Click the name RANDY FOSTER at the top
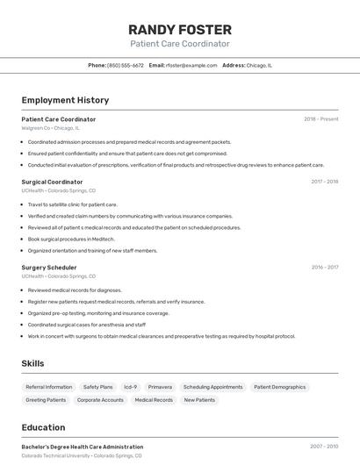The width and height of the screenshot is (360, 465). pos(180,29)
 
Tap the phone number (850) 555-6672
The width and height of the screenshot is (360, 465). pos(126,65)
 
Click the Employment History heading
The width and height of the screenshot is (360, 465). pos(65,100)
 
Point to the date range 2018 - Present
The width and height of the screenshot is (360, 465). pos(320,119)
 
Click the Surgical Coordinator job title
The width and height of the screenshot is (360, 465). pos(52,182)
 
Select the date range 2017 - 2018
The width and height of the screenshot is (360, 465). pos(324,182)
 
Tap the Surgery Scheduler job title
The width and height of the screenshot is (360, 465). pos(49,268)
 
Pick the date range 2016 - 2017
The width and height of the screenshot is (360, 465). pos(324,268)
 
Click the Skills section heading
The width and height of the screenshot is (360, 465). pos(32,363)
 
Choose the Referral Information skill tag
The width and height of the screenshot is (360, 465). pos(49,387)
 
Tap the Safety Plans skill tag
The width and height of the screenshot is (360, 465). pos(97,387)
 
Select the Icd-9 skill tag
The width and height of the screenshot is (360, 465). pos(130,387)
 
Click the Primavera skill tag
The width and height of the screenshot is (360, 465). pos(160,387)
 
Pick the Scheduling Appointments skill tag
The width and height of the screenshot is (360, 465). pos(212,387)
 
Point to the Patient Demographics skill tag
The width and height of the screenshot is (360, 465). pos(280,387)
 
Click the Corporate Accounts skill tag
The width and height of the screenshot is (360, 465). pos(100,400)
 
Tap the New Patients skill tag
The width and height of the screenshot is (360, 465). pos(199,400)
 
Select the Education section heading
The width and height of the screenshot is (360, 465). pos(43,427)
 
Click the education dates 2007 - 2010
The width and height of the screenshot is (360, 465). pos(324,447)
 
